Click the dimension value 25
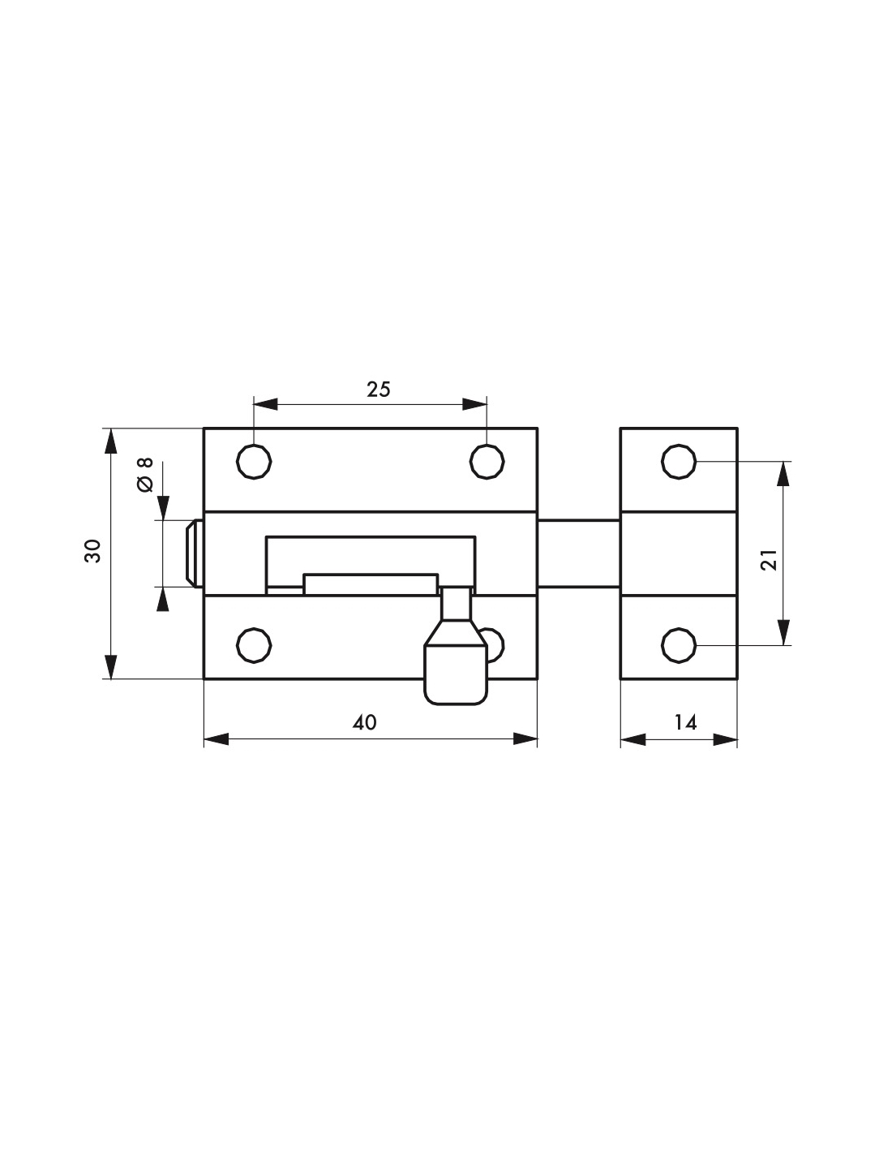click(x=379, y=390)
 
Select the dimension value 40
click(x=365, y=723)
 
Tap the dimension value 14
click(x=685, y=722)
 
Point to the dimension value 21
click(x=769, y=560)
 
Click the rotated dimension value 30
click(x=92, y=551)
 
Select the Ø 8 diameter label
click(x=145, y=474)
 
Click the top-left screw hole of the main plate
click(x=254, y=462)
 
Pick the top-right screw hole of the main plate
click(x=487, y=462)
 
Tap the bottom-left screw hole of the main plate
click(x=254, y=646)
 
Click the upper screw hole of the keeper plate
click(x=679, y=462)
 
